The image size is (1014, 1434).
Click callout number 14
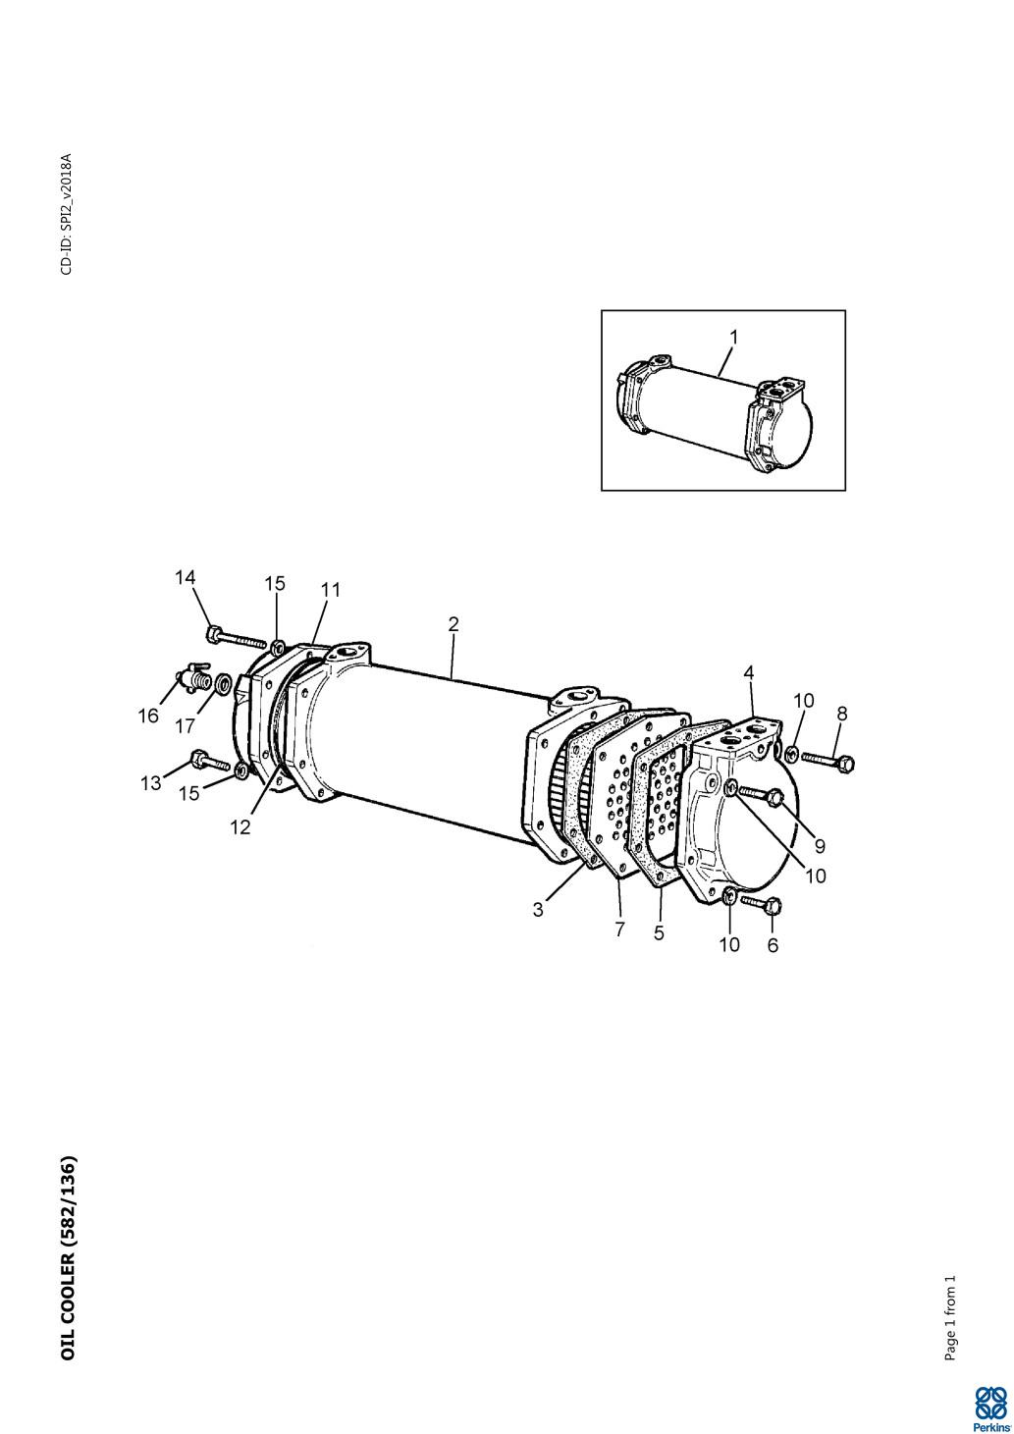click(185, 578)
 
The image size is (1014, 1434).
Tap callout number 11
click(331, 590)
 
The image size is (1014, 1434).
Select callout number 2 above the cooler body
click(454, 624)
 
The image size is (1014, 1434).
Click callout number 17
click(185, 726)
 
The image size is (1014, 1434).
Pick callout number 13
click(151, 783)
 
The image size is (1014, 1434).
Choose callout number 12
click(240, 827)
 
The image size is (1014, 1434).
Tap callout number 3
click(538, 909)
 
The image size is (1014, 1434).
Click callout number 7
click(619, 929)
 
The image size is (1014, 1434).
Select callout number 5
click(659, 932)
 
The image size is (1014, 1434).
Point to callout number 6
click(773, 945)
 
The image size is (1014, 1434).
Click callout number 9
click(820, 846)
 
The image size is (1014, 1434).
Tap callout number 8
click(842, 714)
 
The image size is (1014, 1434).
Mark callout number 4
click(748, 672)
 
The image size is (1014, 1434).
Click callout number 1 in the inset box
click(734, 337)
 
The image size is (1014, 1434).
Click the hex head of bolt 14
click(213, 634)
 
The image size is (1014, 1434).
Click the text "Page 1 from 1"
click(950, 1315)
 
